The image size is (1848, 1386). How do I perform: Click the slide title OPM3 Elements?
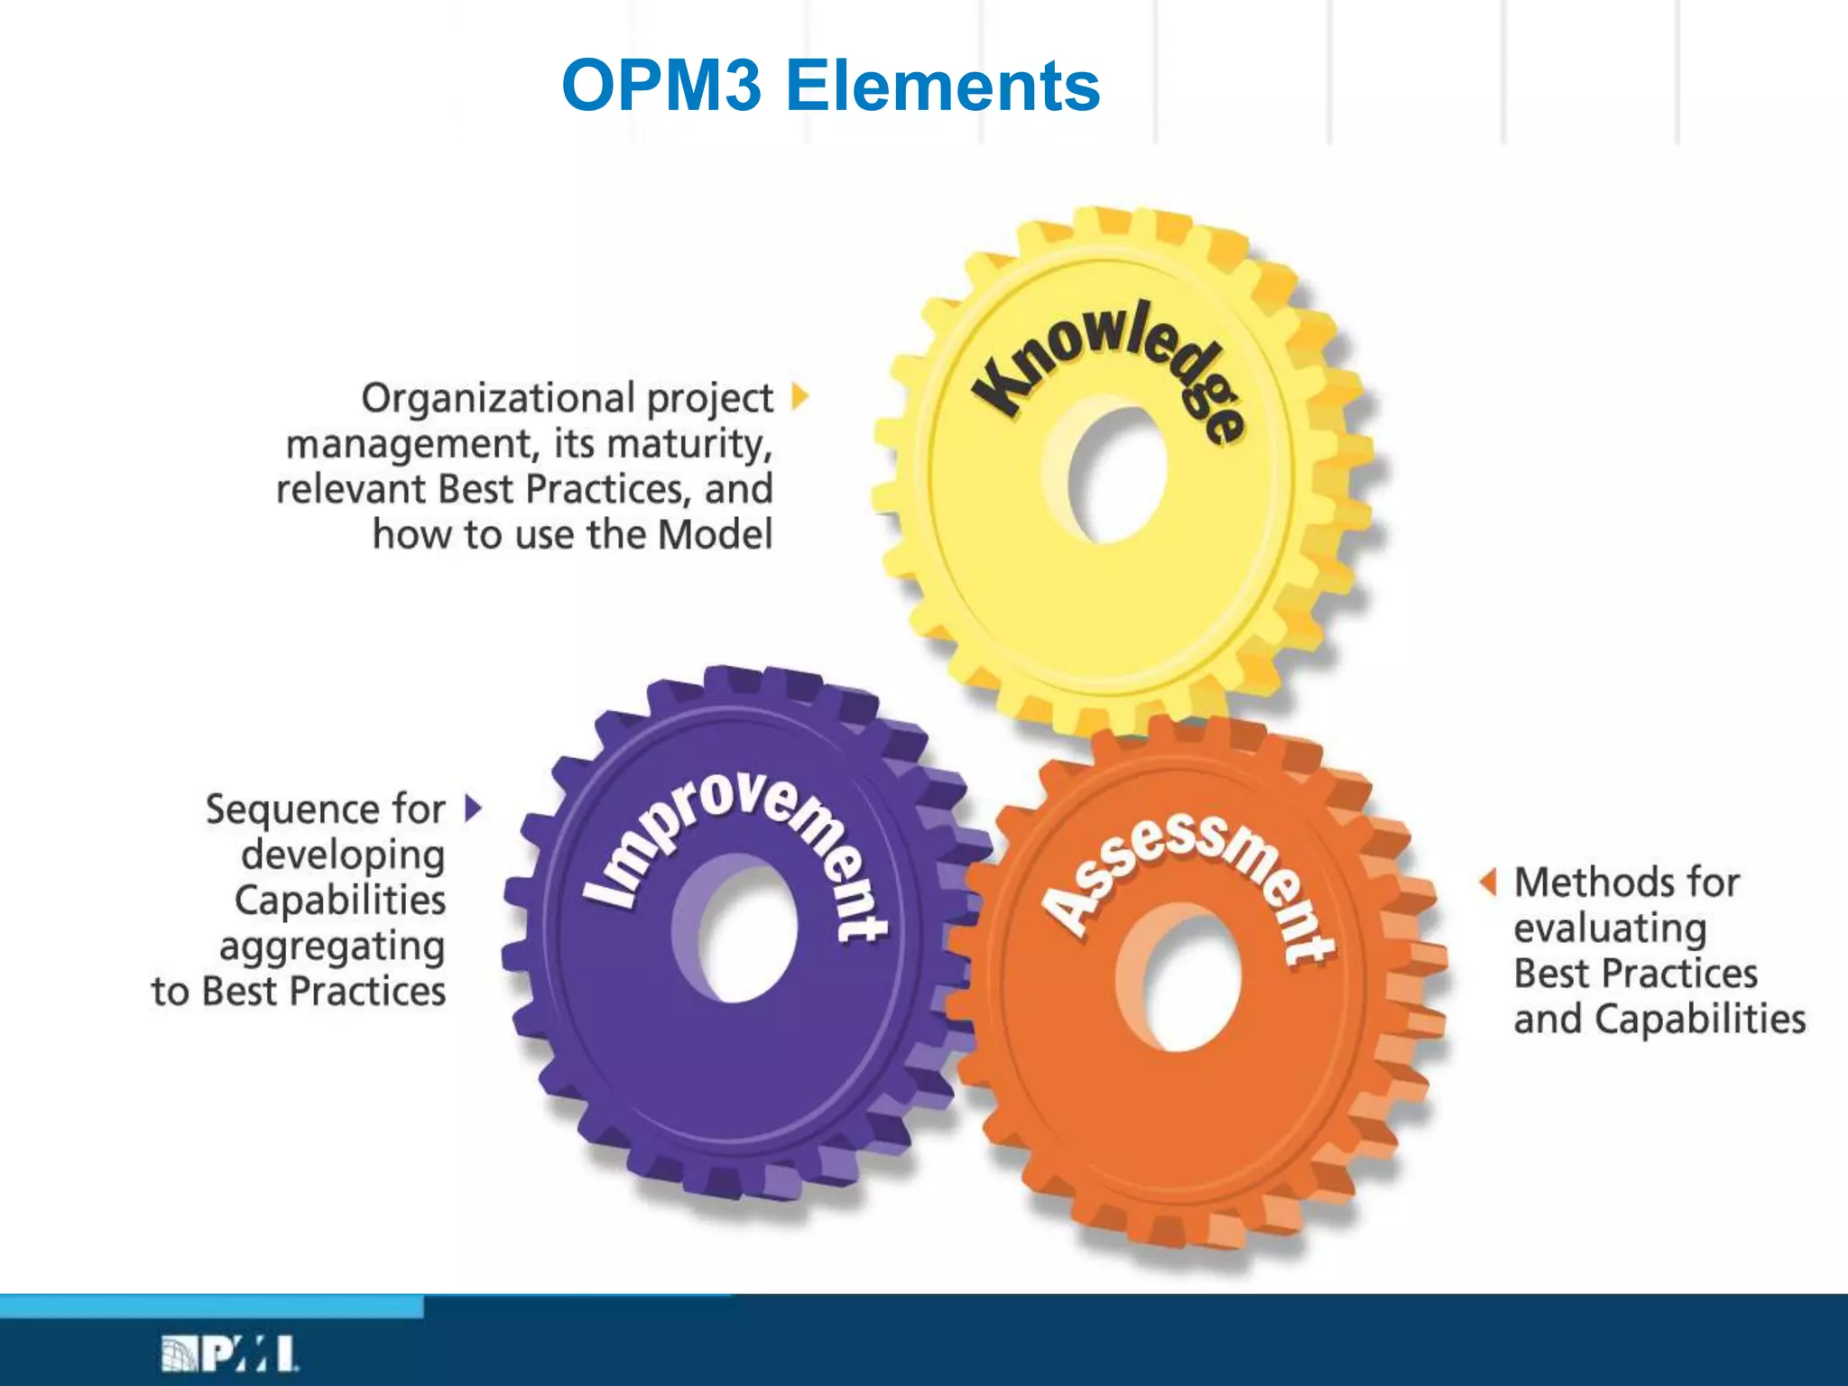tap(830, 86)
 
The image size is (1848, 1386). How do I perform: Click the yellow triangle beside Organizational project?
tap(799, 396)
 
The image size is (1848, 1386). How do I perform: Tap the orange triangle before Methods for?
tap(1488, 882)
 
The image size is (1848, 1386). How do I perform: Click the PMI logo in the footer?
tap(230, 1354)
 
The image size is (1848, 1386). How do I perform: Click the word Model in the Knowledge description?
tap(715, 534)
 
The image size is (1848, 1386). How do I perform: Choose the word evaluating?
tap(1610, 929)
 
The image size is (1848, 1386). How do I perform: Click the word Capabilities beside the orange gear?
tap(1700, 1020)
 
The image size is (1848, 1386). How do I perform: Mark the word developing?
tap(343, 855)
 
